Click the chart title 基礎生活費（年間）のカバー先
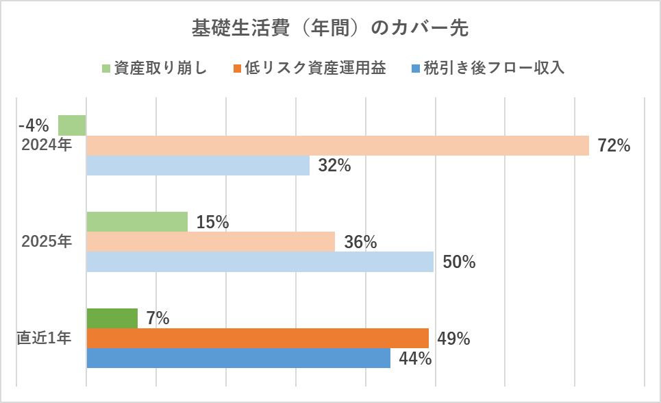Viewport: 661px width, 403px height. click(x=330, y=29)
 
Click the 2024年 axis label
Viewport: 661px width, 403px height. click(x=47, y=145)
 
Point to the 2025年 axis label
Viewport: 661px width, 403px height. click(x=47, y=241)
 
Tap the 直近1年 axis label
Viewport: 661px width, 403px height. click(x=45, y=338)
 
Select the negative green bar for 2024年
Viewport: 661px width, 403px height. click(x=72, y=125)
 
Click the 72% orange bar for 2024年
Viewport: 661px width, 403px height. click(x=337, y=145)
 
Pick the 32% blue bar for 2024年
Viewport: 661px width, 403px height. click(x=198, y=165)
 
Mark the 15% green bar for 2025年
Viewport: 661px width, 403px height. click(x=137, y=221)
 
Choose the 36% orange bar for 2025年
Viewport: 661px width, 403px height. click(x=210, y=241)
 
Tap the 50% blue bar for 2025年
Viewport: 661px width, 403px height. click(x=260, y=261)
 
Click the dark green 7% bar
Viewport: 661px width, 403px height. click(x=112, y=318)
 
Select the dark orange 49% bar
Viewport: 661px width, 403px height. click(x=258, y=338)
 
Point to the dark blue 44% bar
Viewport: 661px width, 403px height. click(x=238, y=358)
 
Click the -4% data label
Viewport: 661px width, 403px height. click(x=34, y=126)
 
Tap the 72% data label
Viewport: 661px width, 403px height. click(x=614, y=145)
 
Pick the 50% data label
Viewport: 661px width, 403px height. click(x=459, y=262)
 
